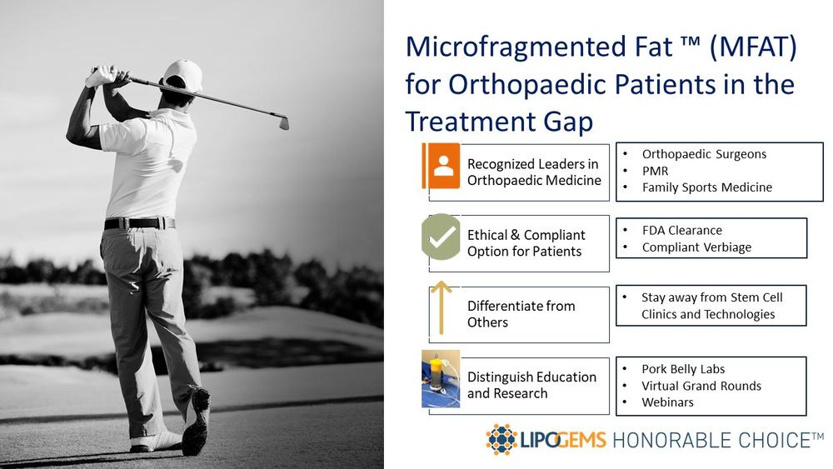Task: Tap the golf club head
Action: coord(284,122)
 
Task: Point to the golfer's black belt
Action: coord(139,223)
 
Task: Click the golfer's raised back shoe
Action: coord(196,422)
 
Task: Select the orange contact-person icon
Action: coord(441,166)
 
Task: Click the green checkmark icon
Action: coord(441,237)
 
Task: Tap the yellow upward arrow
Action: coord(441,308)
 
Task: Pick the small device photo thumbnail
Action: coord(441,379)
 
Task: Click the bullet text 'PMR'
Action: coord(655,171)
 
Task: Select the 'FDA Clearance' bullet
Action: coord(682,231)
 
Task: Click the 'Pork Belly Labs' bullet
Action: coord(683,369)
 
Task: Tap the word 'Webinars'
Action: coord(668,402)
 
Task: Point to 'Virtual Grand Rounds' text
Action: coord(701,387)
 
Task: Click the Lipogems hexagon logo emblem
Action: coord(501,439)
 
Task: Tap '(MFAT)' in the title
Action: coord(753,47)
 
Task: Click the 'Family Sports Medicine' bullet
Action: coord(707,187)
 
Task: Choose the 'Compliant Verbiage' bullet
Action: coord(696,247)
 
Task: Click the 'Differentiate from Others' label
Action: coord(521,314)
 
